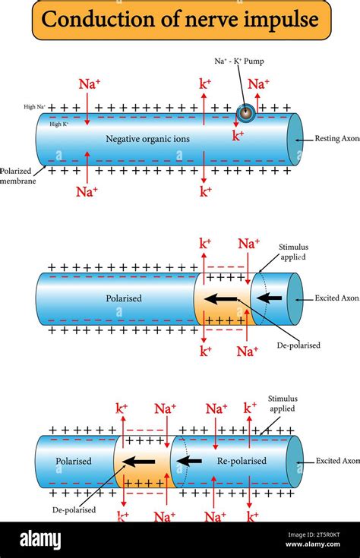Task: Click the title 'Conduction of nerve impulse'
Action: click(180, 20)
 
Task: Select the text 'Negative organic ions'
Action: click(147, 139)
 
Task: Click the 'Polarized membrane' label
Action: click(17, 176)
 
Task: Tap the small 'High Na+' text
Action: click(35, 107)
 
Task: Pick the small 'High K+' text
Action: click(58, 123)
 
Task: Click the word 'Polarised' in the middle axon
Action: click(123, 298)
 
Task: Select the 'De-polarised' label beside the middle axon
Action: click(298, 345)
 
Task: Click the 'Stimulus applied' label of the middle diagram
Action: click(293, 252)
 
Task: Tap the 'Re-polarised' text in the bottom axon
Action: click(242, 461)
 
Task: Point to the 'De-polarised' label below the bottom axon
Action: click(74, 510)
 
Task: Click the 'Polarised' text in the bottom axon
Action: click(74, 461)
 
